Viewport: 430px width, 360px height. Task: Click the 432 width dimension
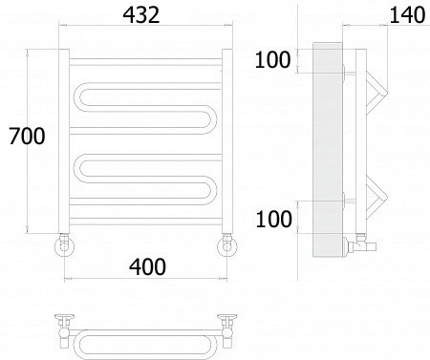click(141, 15)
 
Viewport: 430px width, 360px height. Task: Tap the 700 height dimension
click(27, 136)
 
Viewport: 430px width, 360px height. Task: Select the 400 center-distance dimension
click(147, 266)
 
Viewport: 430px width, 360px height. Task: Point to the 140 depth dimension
click(407, 15)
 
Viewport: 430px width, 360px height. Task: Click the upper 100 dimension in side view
click(272, 59)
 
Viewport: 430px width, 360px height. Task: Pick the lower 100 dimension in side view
click(273, 219)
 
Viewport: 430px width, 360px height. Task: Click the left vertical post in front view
click(64, 141)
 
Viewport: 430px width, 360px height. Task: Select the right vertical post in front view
click(227, 141)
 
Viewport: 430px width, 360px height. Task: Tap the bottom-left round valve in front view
click(64, 246)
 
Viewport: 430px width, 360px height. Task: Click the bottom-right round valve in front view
click(227, 246)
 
